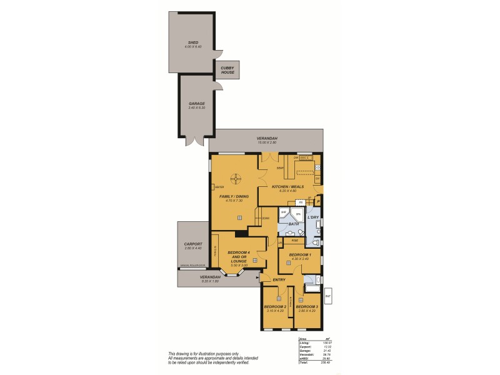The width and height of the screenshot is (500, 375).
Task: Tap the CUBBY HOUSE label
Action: pos(227,71)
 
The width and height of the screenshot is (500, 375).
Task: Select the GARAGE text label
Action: pos(197,104)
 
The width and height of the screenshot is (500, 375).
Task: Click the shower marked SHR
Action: pos(283,212)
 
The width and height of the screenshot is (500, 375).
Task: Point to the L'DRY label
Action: pos(314,217)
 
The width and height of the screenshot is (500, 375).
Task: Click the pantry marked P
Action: pos(319,201)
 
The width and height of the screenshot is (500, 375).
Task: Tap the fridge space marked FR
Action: pos(301,202)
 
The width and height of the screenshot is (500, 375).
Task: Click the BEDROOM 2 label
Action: pos(274,307)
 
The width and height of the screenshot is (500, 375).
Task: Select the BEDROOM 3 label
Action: pos(307,307)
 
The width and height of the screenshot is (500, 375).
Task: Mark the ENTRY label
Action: pos(278,280)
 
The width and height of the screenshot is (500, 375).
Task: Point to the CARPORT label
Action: pos(192,244)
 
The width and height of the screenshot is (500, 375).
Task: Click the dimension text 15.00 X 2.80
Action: pos(267,143)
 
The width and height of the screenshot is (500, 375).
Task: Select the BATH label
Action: pos(293,223)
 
